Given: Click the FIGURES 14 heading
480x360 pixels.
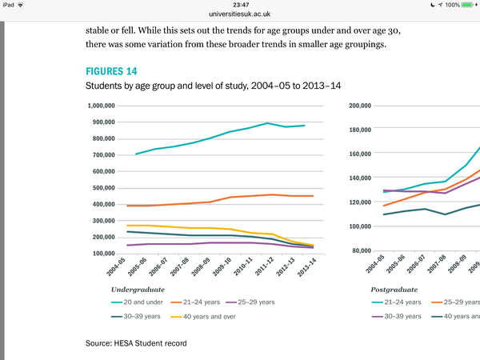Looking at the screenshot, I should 111,70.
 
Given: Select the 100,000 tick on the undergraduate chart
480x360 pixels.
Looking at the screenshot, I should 114,254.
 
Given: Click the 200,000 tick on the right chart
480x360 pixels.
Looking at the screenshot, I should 363,106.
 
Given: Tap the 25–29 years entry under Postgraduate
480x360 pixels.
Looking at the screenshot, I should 459,302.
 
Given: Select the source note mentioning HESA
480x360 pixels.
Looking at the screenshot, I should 135,343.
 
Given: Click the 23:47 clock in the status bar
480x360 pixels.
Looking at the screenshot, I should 239,5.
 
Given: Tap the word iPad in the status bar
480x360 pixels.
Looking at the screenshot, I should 10,5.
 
